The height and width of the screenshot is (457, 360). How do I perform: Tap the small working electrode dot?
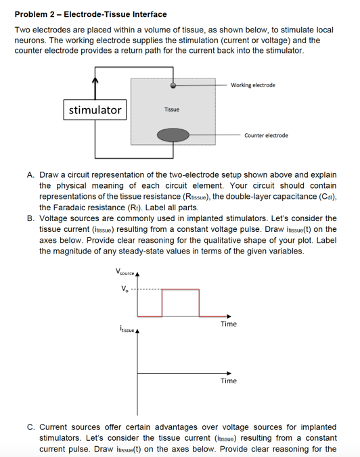coord(174,86)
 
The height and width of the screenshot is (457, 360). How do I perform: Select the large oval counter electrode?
coord(173,135)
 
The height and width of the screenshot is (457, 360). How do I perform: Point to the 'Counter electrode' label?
coord(265,135)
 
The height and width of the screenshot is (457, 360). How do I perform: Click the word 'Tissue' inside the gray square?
coord(172,110)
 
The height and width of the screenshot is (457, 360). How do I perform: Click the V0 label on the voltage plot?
coord(123,290)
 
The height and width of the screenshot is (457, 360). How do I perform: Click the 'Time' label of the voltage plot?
coord(228,324)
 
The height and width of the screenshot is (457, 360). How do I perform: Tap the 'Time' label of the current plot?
coord(228,381)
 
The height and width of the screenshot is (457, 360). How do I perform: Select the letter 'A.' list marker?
coord(31,174)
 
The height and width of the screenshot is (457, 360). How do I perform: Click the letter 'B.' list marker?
coord(31,218)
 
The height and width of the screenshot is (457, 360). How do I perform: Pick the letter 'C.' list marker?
coord(31,427)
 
